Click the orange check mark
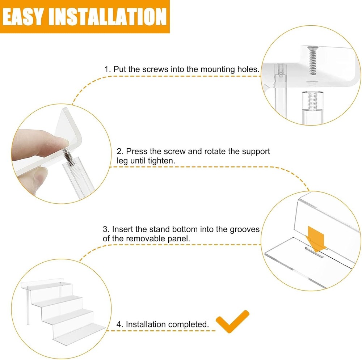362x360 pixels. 232,321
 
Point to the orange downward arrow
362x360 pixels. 316,239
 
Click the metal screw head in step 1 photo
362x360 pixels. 313,48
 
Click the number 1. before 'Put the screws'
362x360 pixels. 108,69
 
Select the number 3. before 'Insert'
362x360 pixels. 106,229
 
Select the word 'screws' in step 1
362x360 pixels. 155,69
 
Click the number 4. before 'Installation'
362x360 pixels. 120,325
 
